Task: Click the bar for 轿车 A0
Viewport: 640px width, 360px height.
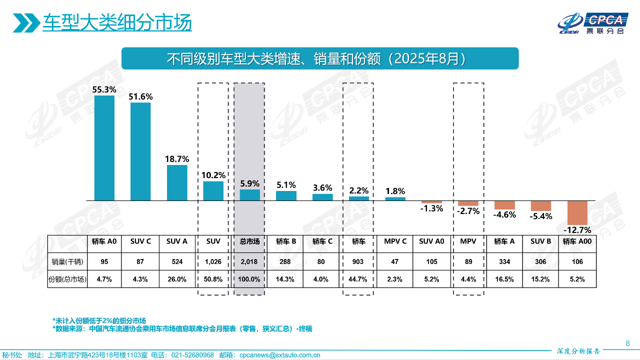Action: click(x=104, y=148)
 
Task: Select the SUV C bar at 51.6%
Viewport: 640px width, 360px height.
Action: click(x=140, y=151)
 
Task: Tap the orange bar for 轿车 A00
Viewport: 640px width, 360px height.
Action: click(x=577, y=212)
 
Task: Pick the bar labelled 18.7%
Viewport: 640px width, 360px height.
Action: click(x=177, y=182)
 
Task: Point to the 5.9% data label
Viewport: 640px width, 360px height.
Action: click(x=250, y=183)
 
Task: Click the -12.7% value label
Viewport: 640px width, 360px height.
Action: click(x=577, y=230)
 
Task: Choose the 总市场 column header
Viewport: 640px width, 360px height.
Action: click(x=249, y=241)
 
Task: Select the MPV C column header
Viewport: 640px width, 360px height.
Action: click(x=395, y=241)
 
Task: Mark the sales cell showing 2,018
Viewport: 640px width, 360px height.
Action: click(x=249, y=261)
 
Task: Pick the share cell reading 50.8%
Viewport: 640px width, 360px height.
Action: click(x=213, y=279)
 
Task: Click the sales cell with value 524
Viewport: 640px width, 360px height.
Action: click(x=177, y=261)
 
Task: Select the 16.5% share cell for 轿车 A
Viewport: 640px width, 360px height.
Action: click(x=504, y=279)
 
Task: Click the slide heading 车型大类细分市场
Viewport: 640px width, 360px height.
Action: click(x=117, y=22)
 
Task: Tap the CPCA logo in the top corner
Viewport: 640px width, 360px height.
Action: click(x=592, y=22)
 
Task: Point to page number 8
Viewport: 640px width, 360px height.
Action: click(x=627, y=343)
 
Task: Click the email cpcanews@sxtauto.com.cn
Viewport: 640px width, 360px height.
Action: click(x=279, y=355)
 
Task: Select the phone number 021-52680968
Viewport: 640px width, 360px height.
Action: click(x=192, y=355)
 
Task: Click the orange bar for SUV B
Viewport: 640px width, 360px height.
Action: click(x=541, y=205)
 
